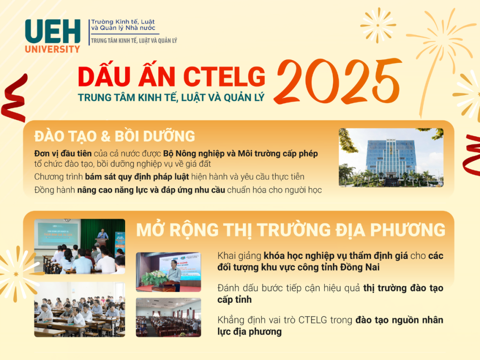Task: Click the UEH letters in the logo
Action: point(52,31)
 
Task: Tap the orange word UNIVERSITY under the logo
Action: point(52,49)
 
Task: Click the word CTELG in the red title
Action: point(225,76)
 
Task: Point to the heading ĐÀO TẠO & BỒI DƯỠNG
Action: point(114,136)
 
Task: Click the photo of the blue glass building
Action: point(391,157)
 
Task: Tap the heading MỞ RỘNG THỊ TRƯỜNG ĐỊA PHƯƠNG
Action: point(291,230)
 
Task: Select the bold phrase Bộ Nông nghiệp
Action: point(194,154)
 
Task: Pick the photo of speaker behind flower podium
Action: point(168,272)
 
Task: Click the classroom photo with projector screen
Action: point(80,246)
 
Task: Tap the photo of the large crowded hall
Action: point(168,317)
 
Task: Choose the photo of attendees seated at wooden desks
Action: point(80,309)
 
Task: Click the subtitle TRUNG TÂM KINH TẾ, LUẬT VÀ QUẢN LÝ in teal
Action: point(171,97)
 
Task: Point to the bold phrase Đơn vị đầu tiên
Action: point(63,153)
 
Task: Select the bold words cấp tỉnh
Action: point(234,300)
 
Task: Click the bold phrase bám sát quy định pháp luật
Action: point(137,177)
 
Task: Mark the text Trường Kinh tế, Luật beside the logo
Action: point(123,22)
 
